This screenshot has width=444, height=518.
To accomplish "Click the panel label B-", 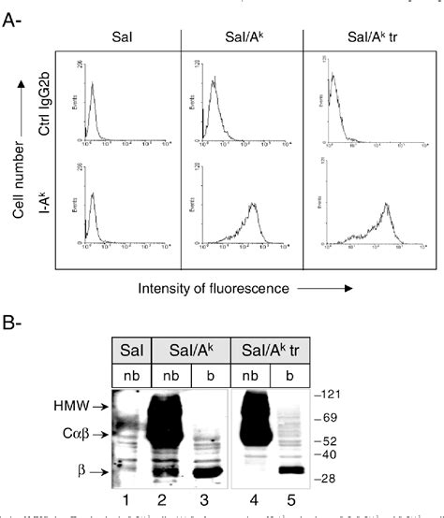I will pyautogui.click(x=15, y=324).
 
